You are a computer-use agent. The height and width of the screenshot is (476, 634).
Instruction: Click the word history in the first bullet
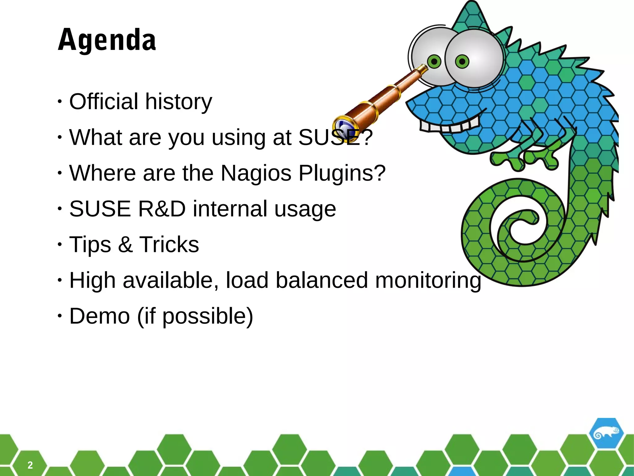179,102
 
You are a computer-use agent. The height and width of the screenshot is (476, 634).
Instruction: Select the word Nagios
256,173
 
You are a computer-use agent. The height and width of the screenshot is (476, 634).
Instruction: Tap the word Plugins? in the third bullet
342,173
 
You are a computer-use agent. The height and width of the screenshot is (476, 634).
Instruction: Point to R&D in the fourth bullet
162,209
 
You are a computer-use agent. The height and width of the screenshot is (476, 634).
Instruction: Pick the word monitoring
428,280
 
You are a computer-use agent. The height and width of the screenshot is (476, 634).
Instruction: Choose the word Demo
99,316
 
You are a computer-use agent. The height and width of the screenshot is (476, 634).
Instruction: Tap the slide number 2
30,465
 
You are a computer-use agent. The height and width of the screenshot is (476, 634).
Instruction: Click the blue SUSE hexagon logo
606,434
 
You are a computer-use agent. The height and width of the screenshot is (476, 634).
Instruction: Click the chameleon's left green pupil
434,61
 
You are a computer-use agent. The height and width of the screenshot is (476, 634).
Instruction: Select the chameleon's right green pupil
462,62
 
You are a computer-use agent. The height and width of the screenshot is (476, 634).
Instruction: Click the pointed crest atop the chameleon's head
471,12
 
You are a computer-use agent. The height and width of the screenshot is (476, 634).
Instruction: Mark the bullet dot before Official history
60,102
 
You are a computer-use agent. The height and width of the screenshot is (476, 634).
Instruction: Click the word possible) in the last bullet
207,316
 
